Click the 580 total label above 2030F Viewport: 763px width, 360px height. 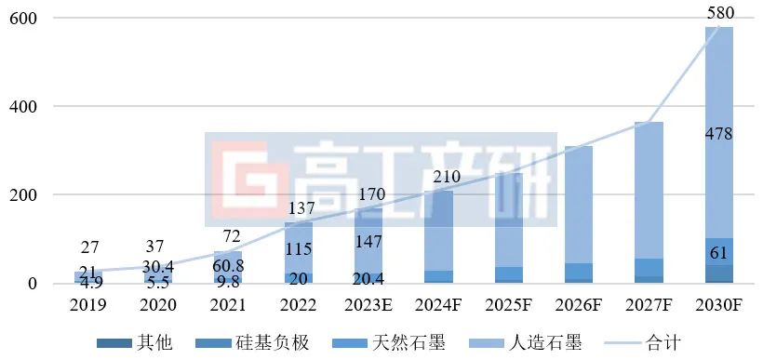tap(720, 13)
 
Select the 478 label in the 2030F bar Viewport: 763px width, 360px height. tap(719, 134)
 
